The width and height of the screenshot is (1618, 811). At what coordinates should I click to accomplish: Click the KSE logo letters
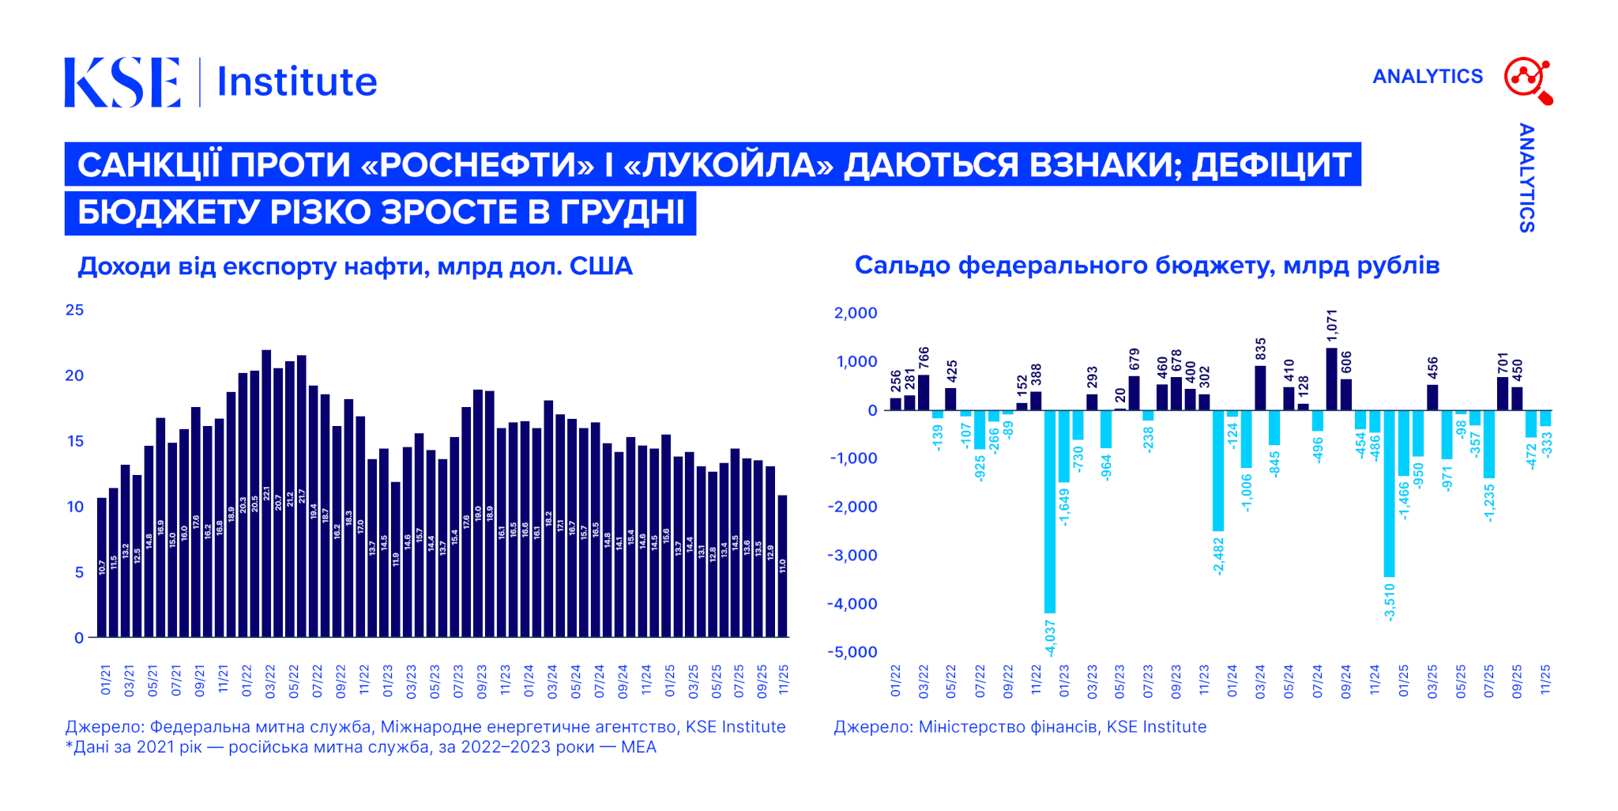122,81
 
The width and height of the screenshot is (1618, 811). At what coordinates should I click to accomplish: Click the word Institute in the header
297,82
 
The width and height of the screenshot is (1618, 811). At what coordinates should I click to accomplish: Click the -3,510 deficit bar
1389,493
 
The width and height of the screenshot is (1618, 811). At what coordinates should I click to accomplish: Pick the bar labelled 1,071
1332,379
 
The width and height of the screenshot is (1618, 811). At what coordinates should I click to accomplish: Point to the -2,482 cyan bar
1219,470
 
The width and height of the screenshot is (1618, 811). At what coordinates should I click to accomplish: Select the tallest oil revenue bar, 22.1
266,493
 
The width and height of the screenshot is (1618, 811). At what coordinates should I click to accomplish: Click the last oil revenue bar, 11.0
783,566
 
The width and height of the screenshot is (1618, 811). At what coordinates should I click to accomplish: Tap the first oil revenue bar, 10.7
102,567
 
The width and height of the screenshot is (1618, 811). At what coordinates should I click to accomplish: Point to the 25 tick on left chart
74,310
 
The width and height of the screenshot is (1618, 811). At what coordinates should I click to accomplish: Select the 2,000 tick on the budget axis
856,313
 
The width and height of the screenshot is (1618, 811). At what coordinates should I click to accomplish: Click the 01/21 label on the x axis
106,680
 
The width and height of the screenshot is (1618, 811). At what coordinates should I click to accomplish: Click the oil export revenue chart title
355,266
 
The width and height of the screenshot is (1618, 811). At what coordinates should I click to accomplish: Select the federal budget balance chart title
1146,266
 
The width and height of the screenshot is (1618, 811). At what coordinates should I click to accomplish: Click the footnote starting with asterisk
361,747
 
